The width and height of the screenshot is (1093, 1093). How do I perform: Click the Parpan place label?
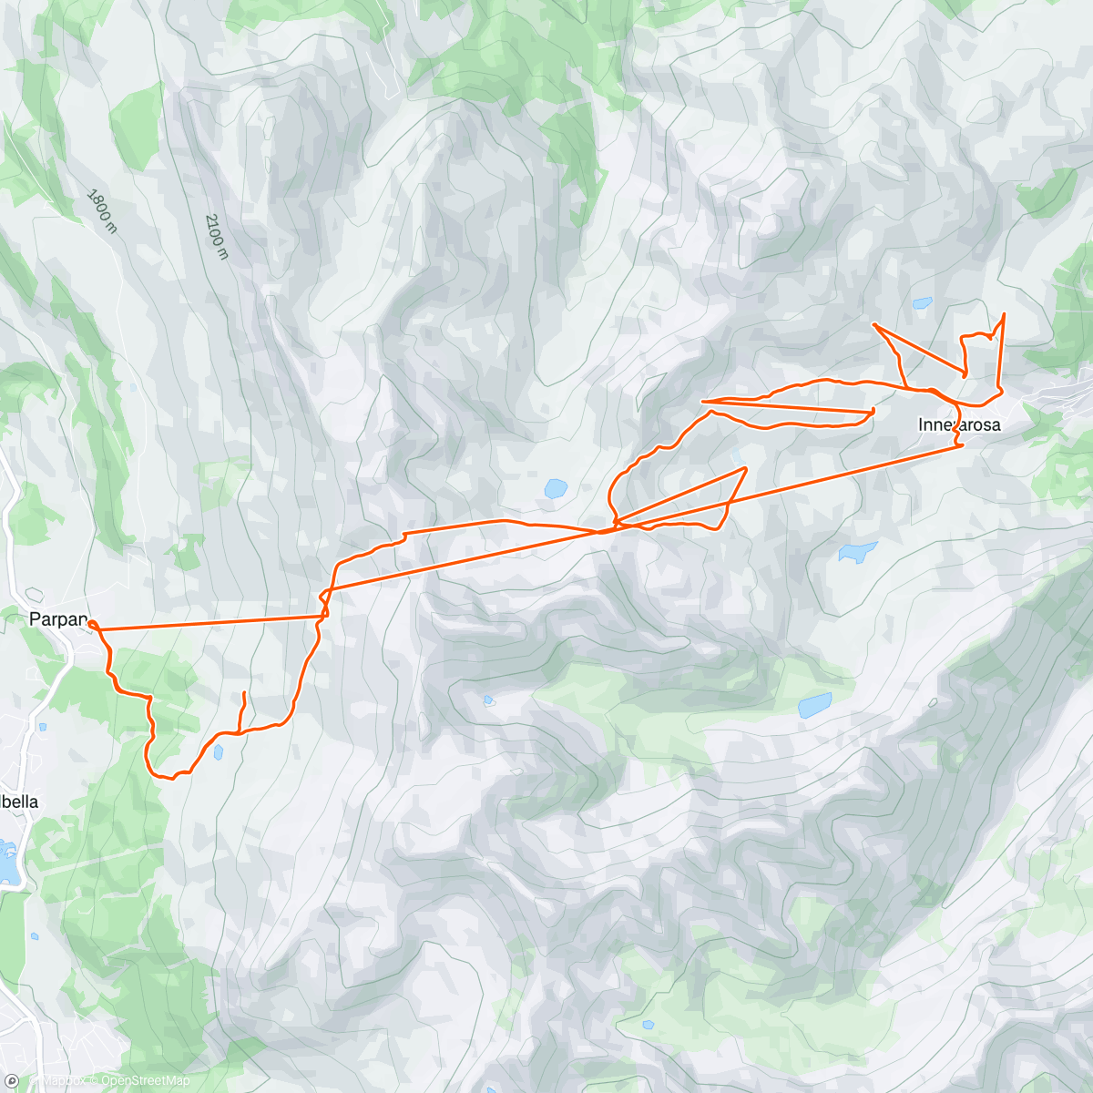pos(58,620)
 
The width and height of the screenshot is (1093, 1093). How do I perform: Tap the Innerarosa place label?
pos(958,425)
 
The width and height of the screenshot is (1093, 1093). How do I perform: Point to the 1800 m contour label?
pos(102,210)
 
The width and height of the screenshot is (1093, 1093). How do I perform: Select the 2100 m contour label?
pos(215,236)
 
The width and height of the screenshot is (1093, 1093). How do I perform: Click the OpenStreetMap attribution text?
pos(133,1081)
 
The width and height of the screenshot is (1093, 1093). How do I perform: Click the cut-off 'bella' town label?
pos(19,802)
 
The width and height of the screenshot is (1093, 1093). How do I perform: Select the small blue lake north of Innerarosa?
pos(923,301)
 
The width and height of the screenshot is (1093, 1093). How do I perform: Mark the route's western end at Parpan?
pos(92,624)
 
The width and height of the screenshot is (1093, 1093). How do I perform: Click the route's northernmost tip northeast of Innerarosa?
pos(1004,314)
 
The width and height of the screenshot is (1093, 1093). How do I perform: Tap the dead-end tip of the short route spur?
pos(244,693)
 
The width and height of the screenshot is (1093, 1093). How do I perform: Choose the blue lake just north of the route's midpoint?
pos(555,489)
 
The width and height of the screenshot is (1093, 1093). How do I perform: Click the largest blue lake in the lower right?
pos(815,705)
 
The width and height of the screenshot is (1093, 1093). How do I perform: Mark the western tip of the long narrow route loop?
pos(703,401)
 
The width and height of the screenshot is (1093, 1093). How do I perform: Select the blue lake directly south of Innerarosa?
pos(857,550)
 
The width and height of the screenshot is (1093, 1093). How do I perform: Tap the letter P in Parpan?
pos(35,620)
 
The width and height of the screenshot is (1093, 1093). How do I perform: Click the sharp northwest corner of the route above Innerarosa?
pos(873,324)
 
